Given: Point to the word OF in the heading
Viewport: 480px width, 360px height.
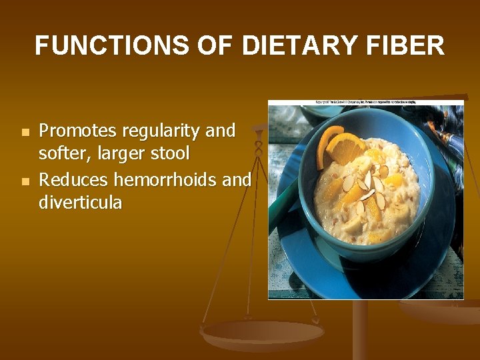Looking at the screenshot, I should coord(213,46).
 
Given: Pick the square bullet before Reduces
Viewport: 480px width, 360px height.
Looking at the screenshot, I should coord(25,181).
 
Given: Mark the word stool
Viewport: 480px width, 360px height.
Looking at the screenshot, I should coord(171,154).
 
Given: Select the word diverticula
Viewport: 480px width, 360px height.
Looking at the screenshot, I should coord(81,202).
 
